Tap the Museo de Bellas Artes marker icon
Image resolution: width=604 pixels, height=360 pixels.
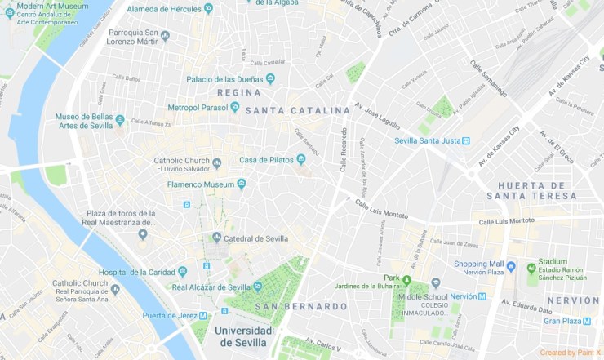120,120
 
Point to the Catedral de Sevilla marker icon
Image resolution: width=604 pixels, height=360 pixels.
216,238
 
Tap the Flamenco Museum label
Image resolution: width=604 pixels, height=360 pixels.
201,184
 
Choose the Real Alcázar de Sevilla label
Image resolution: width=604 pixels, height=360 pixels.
211,287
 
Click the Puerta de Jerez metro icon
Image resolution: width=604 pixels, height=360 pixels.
202,315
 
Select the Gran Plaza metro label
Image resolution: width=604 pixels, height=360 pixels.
562,321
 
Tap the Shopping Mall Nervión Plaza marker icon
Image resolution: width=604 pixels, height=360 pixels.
511,266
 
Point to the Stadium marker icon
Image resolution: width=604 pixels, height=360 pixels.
531,268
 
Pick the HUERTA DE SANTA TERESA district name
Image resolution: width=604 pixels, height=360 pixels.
542,190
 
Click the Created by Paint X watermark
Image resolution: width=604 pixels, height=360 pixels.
571,353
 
